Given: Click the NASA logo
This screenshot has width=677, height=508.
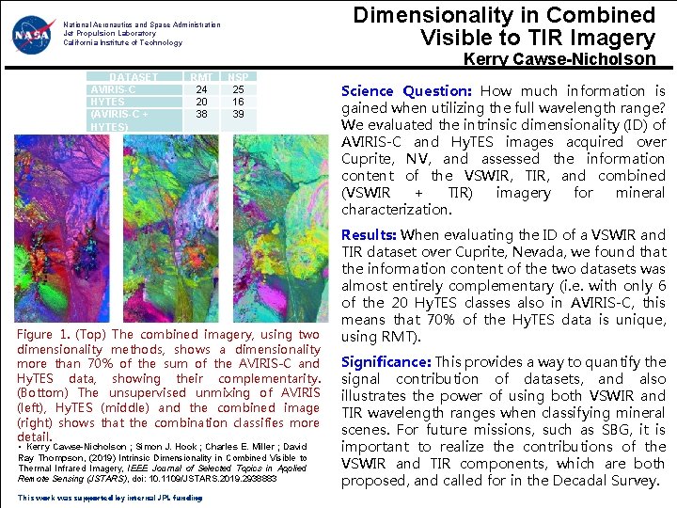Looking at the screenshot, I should click(x=33, y=35).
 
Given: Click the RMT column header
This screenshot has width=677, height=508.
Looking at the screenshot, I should click(x=201, y=77).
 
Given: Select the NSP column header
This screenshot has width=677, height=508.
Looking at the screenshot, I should click(x=239, y=77).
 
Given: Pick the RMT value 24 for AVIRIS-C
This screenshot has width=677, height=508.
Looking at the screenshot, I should click(x=201, y=90).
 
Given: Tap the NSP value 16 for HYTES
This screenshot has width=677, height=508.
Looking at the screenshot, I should click(x=239, y=102).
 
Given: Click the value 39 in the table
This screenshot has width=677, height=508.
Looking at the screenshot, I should click(x=239, y=114).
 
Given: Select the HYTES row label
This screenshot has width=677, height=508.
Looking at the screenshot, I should click(x=107, y=102).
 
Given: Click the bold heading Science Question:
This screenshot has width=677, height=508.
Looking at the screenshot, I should click(x=406, y=91).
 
